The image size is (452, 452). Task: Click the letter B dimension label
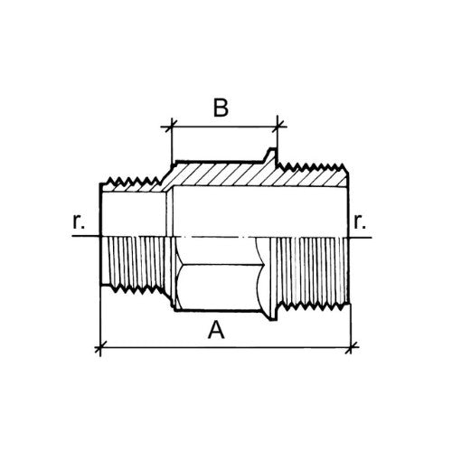221,108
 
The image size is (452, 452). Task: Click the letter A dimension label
216,330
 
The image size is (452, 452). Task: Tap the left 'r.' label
79,222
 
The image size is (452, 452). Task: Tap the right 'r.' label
360,222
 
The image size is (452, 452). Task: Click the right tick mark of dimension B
278,127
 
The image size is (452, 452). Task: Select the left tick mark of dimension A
100,347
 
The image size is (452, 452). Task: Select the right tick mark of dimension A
351,347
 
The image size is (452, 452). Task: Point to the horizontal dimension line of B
224,127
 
